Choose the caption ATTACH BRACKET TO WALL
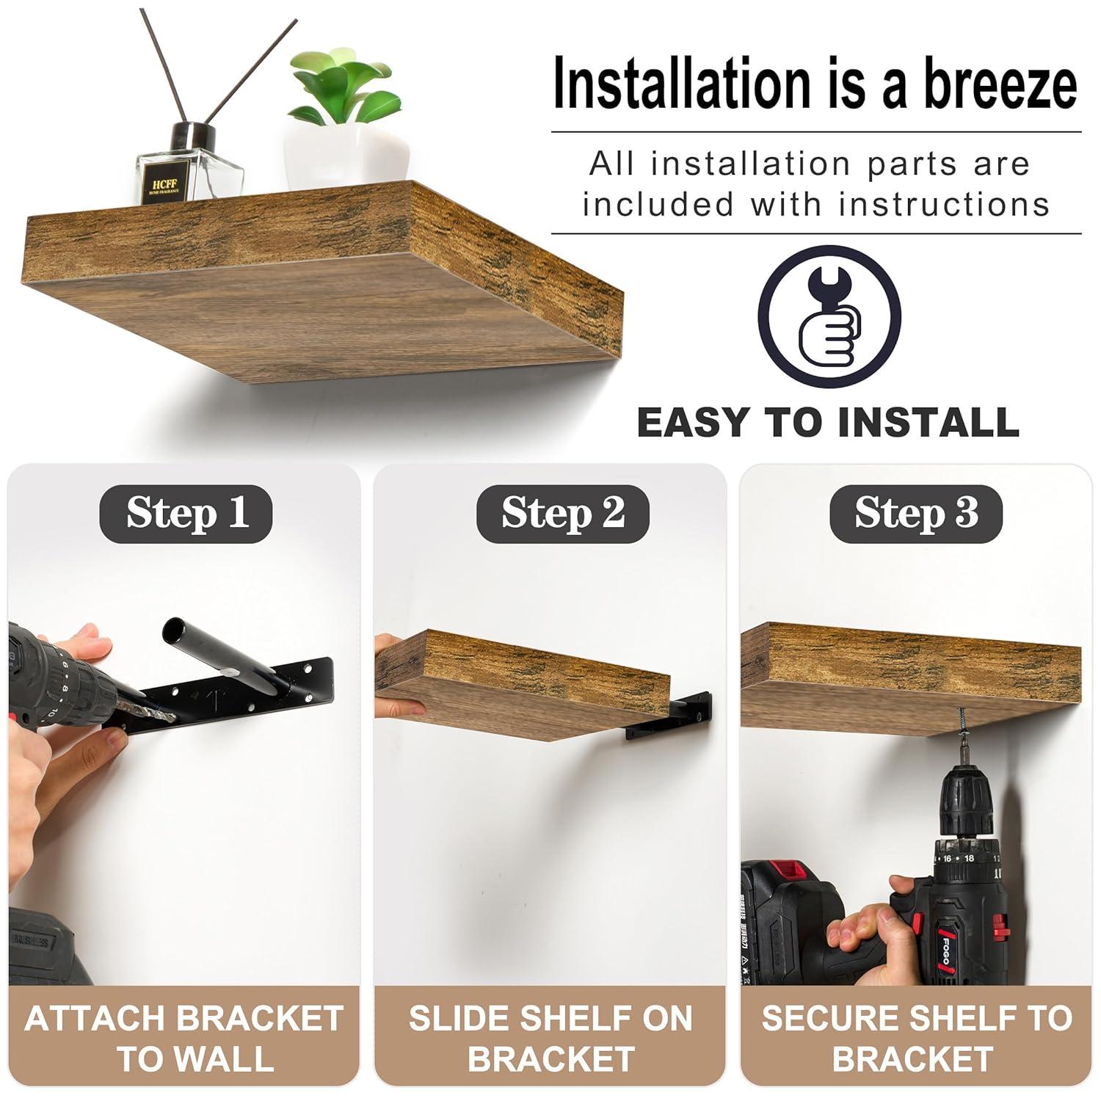(x=183, y=1038)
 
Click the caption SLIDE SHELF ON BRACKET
(x=550, y=1038)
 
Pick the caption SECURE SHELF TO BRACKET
(x=916, y=1038)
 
